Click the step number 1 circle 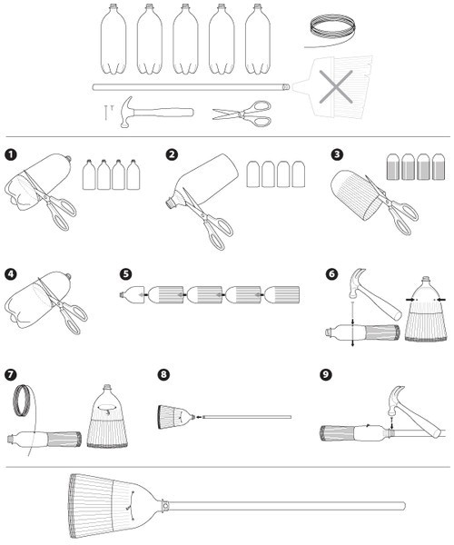pos(11,154)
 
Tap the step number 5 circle pos(125,274)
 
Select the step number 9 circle pos(325,374)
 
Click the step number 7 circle pos(11,374)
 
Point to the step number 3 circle pos(336,154)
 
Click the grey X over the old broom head pos(336,87)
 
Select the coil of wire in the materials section pos(331,29)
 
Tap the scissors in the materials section pos(242,114)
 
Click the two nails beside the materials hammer pos(108,112)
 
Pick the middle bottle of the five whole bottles pos(185,39)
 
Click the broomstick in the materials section pos(191,87)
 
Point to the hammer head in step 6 pos(358,282)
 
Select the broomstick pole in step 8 pos(247,417)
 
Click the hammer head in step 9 pos(396,399)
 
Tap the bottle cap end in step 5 pos(122,294)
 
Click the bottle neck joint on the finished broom pos(165,505)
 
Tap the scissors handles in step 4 pos(75,318)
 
